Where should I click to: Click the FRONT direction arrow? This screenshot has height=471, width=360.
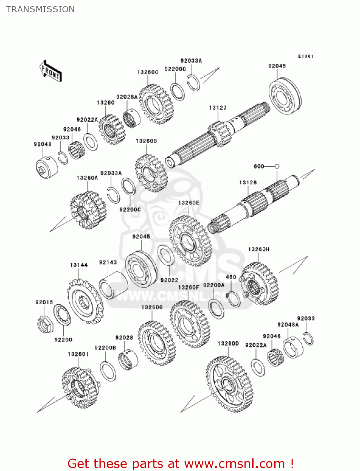click(x=51, y=71)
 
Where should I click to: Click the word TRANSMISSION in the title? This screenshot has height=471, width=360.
click(x=40, y=9)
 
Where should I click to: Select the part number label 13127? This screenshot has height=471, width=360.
click(x=218, y=108)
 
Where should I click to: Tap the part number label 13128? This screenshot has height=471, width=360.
click(x=248, y=182)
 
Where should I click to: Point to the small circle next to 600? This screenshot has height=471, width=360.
click(x=277, y=166)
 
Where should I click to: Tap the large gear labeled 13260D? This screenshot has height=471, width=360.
click(x=229, y=384)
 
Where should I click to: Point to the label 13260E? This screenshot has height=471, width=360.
click(x=189, y=203)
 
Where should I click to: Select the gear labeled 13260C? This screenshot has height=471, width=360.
click(x=156, y=104)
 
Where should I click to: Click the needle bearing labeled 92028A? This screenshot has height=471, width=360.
click(x=132, y=118)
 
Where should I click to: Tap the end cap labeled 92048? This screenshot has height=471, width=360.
click(x=46, y=168)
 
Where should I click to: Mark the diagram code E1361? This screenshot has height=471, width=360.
click(x=305, y=56)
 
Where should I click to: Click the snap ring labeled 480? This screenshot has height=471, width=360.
click(x=234, y=299)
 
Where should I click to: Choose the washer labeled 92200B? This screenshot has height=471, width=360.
click(x=108, y=371)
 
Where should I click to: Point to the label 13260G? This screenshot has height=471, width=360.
click(x=152, y=307)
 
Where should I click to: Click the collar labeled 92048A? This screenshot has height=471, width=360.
click(x=293, y=347)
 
